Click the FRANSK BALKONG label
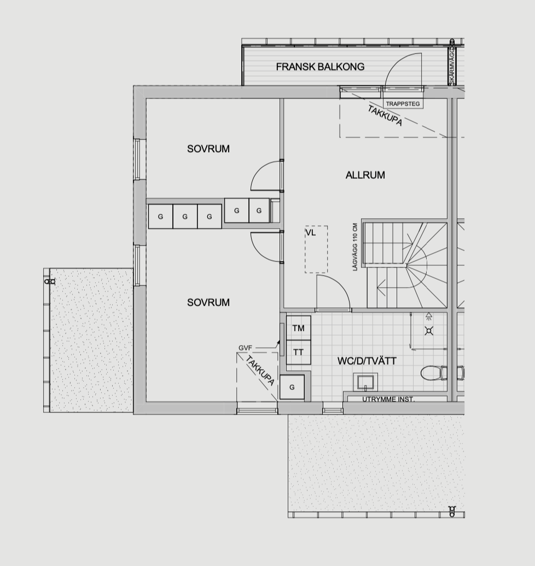coord(320,67)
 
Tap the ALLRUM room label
coord(365,175)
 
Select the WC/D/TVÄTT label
coord(367,361)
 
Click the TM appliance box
coord(299,328)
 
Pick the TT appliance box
coord(299,352)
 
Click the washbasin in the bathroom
coord(365,382)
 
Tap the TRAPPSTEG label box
coord(403,104)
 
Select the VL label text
coord(311,233)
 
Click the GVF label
coord(245,348)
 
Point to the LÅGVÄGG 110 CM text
coord(355,247)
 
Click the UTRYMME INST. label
coord(388,400)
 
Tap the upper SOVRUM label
coord(208,149)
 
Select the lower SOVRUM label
coord(208,302)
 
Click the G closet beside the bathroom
coord(292,387)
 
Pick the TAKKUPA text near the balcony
coord(385,115)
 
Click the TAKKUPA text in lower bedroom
coord(260,370)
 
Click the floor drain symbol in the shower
coord(429,331)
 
